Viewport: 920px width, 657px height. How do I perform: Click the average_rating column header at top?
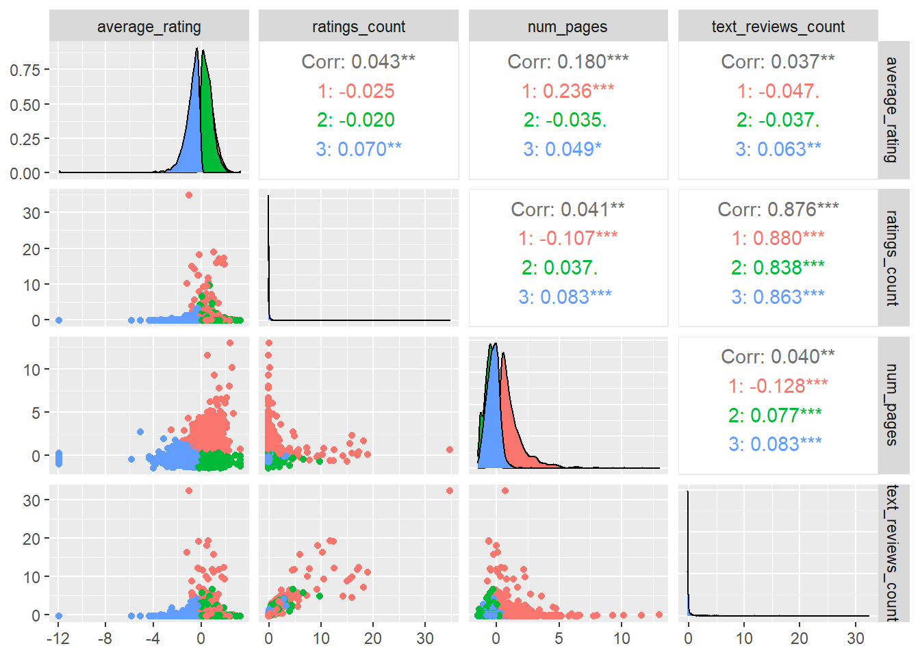coord(149,27)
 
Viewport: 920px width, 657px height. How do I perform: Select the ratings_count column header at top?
coord(359,27)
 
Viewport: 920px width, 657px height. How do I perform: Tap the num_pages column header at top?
coord(567,27)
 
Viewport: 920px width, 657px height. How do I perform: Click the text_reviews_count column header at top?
coord(778,27)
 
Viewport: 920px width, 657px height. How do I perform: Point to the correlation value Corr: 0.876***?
coord(778,209)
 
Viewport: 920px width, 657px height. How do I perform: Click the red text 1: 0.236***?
coord(567,91)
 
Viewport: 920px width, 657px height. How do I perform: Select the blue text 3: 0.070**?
coord(359,149)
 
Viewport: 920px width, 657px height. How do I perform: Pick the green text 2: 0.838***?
coord(778,268)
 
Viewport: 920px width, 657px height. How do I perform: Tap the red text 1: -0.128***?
coord(778,386)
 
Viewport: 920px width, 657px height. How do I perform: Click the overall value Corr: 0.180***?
coord(567,62)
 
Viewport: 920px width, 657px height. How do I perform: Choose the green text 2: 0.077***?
coord(775,415)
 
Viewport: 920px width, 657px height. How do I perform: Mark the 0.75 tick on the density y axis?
coord(25,70)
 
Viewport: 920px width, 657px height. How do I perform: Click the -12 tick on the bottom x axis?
coord(58,639)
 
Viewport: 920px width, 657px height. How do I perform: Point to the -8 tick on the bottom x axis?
coord(105,639)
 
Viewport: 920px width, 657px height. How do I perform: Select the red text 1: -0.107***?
coord(567,238)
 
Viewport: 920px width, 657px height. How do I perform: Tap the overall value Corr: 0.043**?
coord(359,62)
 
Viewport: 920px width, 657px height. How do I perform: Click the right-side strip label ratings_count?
coord(892,258)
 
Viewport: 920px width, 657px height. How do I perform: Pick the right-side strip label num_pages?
coord(892,405)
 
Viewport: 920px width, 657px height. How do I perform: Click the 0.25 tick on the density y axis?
coord(25,139)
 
